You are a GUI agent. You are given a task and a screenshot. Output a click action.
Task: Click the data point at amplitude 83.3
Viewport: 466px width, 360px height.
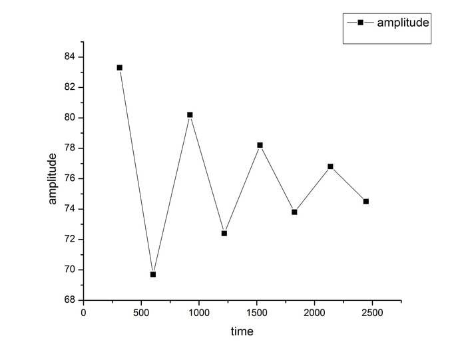click(120, 67)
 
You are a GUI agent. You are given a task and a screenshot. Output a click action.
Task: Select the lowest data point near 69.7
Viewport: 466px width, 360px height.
click(153, 274)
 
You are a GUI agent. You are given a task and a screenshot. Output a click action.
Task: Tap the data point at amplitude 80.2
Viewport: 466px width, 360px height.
click(190, 114)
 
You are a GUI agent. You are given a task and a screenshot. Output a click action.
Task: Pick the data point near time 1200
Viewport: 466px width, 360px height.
click(224, 233)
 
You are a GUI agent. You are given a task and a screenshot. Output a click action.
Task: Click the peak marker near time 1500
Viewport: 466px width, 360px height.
click(260, 145)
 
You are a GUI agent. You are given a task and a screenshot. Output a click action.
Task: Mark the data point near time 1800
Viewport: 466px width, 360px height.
click(294, 212)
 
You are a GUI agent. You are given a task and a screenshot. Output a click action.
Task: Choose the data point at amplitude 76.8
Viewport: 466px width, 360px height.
click(330, 166)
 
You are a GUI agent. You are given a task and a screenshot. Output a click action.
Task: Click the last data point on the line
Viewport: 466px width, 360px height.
click(365, 201)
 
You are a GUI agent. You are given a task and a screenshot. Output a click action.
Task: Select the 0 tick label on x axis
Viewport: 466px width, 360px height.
click(83, 312)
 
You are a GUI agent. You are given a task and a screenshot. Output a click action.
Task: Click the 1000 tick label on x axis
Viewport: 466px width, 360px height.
click(198, 312)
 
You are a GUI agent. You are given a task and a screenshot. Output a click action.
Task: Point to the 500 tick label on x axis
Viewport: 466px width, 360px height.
click(140, 312)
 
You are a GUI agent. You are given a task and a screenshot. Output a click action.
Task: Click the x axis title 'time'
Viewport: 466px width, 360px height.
click(242, 331)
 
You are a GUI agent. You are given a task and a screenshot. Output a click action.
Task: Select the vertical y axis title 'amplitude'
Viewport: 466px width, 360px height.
click(53, 178)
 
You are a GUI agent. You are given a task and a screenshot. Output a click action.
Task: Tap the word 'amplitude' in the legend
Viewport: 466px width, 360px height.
click(402, 22)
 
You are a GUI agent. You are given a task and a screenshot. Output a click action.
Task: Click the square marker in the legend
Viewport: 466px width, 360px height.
click(360, 22)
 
